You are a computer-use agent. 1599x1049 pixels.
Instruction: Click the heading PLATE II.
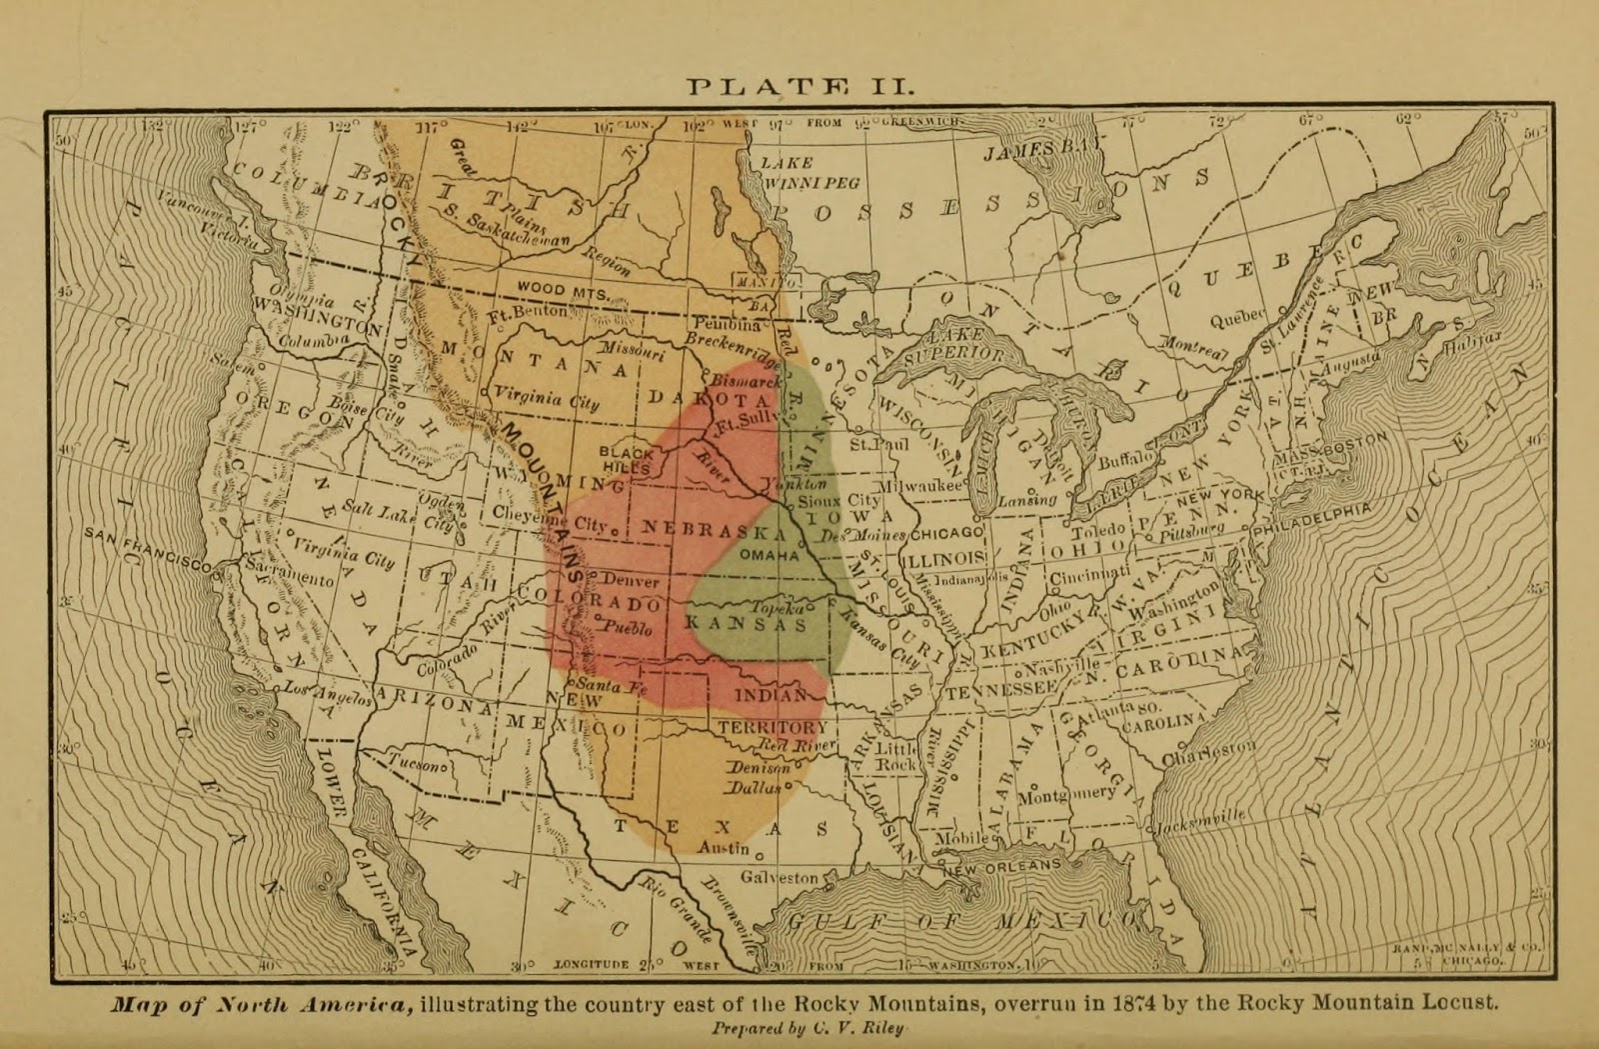[799, 86]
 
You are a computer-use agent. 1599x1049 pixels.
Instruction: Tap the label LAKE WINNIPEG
[809, 173]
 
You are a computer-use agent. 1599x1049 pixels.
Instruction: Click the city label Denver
[631, 580]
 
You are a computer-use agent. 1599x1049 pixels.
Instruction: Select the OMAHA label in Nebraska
[769, 555]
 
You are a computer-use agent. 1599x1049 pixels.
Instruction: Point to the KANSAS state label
[746, 625]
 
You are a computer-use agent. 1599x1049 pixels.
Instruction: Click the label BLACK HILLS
[627, 460]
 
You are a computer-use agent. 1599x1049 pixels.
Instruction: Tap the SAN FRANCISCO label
[148, 548]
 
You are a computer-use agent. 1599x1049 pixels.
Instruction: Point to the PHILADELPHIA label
[1312, 517]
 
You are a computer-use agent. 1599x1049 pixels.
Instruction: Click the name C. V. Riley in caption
[856, 1029]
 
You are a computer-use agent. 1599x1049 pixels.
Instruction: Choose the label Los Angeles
[327, 693]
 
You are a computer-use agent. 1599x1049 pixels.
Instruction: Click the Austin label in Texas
[723, 847]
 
